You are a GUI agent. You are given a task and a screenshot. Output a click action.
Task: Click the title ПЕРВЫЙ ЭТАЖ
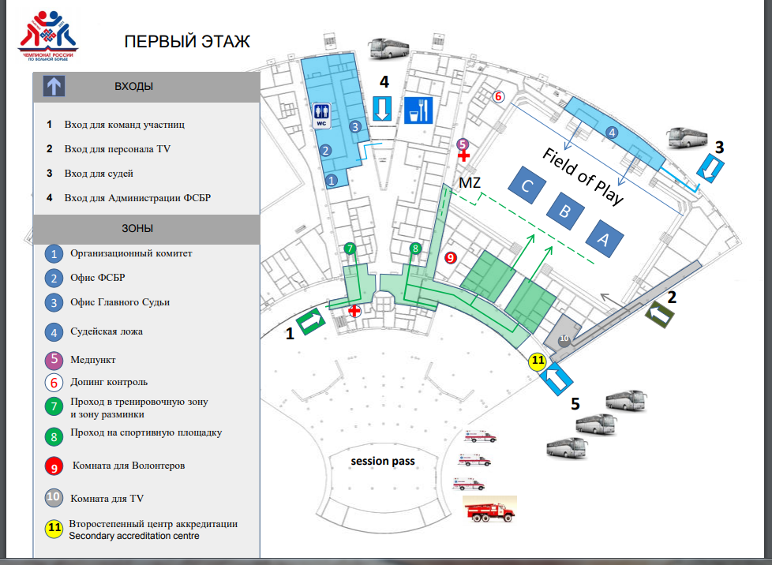pyautogui.click(x=187, y=41)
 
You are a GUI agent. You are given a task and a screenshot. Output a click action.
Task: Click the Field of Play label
pyautogui.click(x=583, y=176)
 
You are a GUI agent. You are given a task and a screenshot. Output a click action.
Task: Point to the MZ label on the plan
pyautogui.click(x=470, y=184)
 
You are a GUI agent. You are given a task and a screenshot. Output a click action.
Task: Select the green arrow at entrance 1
pyautogui.click(x=311, y=321)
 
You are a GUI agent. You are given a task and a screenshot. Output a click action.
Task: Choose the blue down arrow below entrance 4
pyautogui.click(x=382, y=108)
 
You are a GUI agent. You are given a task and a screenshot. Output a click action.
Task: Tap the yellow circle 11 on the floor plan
pyautogui.click(x=538, y=361)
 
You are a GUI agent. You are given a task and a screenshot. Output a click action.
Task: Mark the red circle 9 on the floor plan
pyautogui.click(x=451, y=257)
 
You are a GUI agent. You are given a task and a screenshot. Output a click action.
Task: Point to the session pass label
pyautogui.click(x=383, y=461)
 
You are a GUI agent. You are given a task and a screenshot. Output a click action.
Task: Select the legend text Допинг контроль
pyautogui.click(x=109, y=383)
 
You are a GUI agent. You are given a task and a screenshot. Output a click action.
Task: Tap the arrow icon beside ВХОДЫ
pyautogui.click(x=54, y=86)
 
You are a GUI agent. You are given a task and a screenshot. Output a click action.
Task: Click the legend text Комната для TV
pyautogui.click(x=107, y=498)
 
